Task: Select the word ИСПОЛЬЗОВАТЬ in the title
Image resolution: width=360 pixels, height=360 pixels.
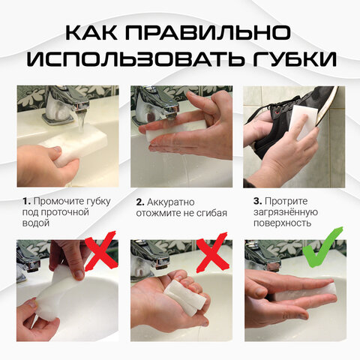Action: click(x=135, y=60)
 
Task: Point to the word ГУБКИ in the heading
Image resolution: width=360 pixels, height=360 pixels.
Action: click(x=292, y=60)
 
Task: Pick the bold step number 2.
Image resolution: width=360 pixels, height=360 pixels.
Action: click(x=139, y=202)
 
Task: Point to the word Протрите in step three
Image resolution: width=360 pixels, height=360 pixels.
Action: click(x=289, y=200)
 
